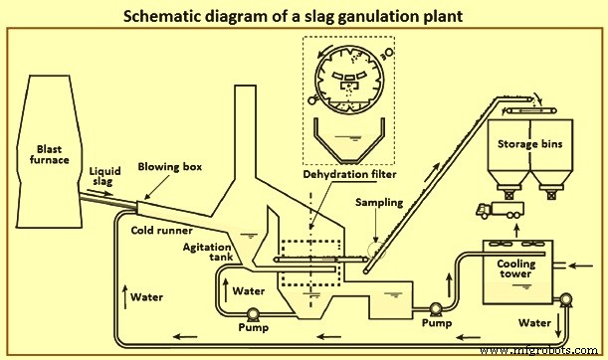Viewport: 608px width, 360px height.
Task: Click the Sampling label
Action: pos(380,202)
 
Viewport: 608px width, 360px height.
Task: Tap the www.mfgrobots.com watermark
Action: pos(544,349)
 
